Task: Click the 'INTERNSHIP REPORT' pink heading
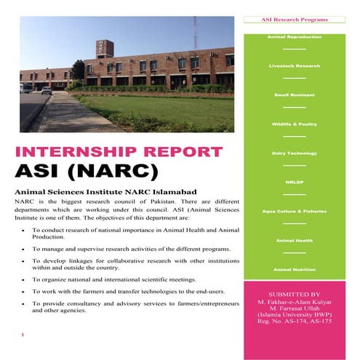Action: pos(118,153)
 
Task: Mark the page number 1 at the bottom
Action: pos(24,335)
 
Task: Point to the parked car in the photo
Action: pos(47,90)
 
